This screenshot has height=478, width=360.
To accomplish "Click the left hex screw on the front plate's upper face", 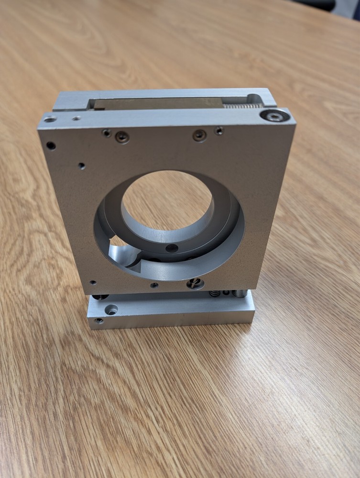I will coord(122,138).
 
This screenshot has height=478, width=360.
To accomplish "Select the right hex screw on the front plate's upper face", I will coord(199,136).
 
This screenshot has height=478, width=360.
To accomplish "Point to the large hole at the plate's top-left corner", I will coord(51,145).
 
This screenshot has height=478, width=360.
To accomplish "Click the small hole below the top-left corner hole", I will coord(82,166).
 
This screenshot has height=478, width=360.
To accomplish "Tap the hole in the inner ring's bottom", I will coord(172,248).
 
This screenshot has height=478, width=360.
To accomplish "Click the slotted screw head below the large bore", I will coord(195,283).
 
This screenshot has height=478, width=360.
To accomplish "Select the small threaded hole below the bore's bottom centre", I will coord(154,285).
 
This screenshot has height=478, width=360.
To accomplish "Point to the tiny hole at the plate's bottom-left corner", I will coord(93,282).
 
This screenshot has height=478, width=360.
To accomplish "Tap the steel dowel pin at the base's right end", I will coord(240,293).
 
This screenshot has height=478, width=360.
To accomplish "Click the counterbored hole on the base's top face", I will coord(111,310).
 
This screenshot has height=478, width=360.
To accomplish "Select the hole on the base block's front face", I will coord(99,320).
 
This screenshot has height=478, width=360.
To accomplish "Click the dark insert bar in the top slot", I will coord(158,103).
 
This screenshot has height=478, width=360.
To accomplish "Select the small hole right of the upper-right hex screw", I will coord(219,130).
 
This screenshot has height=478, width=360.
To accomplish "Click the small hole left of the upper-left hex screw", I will coord(107,133).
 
